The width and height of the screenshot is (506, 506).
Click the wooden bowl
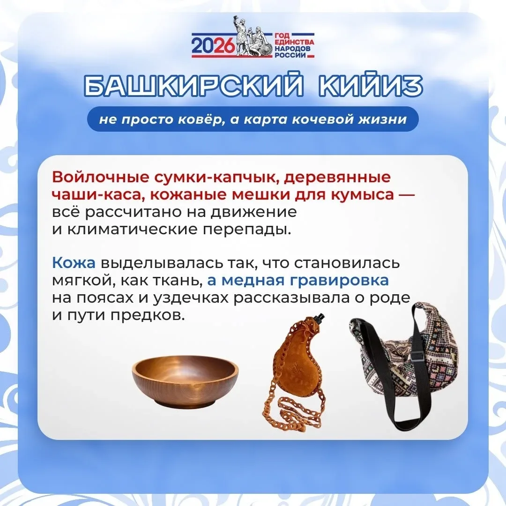pyautogui.click(x=185, y=381)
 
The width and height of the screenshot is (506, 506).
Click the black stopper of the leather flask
pyautogui.click(x=320, y=318)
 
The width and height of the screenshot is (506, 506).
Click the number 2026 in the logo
pyautogui.click(x=213, y=45)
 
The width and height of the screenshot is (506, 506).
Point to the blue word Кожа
pyautogui.click(x=74, y=263)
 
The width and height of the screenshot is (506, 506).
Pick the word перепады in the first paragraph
pyautogui.click(x=247, y=230)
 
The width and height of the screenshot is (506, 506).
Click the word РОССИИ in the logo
pyautogui.click(x=290, y=55)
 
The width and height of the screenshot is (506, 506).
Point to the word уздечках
pyautogui.click(x=191, y=298)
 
